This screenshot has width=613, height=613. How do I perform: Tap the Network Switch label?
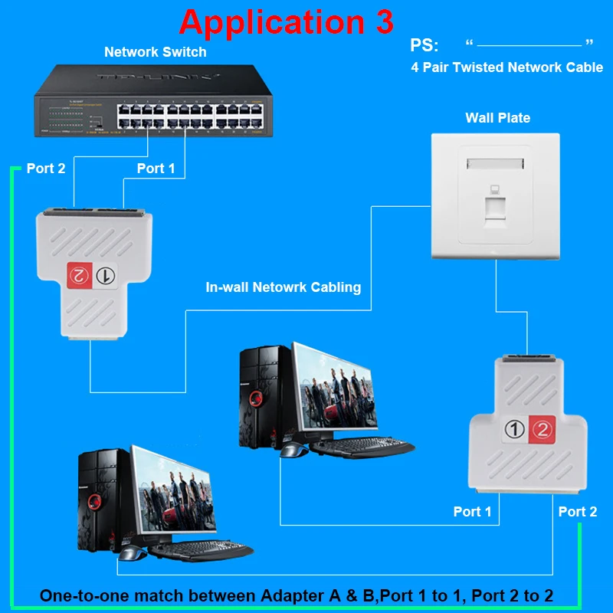coord(156,52)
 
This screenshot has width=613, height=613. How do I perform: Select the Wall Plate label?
coord(497,117)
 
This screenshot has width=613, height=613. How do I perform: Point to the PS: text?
coord(425,44)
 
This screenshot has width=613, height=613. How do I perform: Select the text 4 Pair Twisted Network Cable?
coord(506,67)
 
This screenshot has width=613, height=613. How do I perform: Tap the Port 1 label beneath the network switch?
coord(156,169)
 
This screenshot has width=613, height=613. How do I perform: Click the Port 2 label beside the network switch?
coord(46,169)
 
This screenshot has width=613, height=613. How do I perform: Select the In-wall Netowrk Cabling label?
coord(283,288)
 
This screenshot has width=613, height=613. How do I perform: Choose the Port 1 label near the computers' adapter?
coord(472,511)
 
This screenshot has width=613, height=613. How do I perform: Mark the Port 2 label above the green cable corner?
coord(577,511)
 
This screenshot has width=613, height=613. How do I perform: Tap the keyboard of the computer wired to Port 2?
coord(200,550)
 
